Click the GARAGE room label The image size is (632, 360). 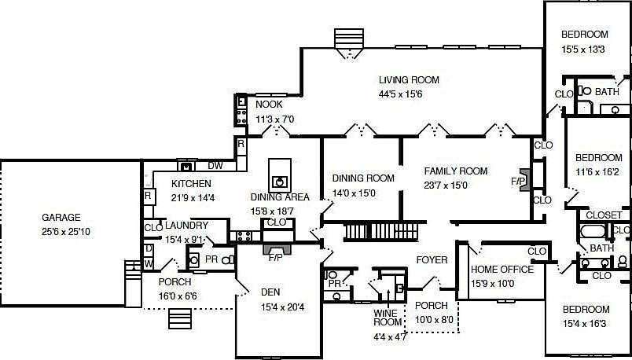point(61,217)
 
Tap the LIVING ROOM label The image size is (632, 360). point(409,80)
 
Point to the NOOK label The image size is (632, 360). point(269,105)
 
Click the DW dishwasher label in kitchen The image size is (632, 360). point(215,166)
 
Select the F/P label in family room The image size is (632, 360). point(518,181)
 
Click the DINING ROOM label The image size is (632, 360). point(363,178)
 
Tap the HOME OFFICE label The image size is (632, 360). point(502,270)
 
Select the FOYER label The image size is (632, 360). point(432,260)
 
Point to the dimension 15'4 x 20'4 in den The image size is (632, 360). point(282,307)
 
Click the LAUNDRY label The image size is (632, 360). point(186,226)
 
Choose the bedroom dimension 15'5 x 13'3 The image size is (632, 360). point(583,49)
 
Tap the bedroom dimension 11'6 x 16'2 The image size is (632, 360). point(598,171)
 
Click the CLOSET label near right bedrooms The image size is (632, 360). point(604,215)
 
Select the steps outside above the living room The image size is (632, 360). point(346,39)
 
